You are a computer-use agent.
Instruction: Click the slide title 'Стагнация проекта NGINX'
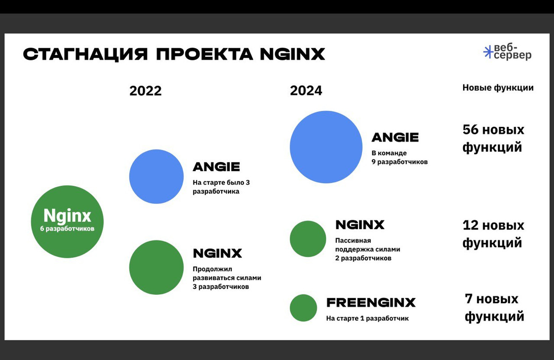(174, 54)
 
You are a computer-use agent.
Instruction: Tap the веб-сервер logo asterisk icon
(488, 52)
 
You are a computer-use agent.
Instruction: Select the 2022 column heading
(145, 91)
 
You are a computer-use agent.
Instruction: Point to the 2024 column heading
(306, 91)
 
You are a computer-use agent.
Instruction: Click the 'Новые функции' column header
(498, 88)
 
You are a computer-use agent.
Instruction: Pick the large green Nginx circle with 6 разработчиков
(67, 221)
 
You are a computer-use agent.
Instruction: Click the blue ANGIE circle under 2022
(156, 176)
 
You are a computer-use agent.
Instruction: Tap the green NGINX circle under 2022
(156, 267)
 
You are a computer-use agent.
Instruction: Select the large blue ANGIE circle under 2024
(326, 147)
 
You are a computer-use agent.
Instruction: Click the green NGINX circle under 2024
(308, 238)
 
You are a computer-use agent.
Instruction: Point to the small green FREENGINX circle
(303, 308)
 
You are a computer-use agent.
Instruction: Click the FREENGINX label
(371, 302)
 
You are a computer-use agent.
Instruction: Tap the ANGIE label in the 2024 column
(395, 137)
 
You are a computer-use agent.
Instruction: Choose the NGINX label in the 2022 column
(217, 253)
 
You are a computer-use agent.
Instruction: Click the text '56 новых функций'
(493, 139)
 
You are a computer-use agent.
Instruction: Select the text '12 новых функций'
(493, 234)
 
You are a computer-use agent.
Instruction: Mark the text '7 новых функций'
(494, 307)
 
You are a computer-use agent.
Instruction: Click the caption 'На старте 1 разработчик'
(367, 319)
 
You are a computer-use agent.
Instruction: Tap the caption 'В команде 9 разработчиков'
(399, 157)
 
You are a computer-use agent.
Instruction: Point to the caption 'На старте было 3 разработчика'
(221, 187)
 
